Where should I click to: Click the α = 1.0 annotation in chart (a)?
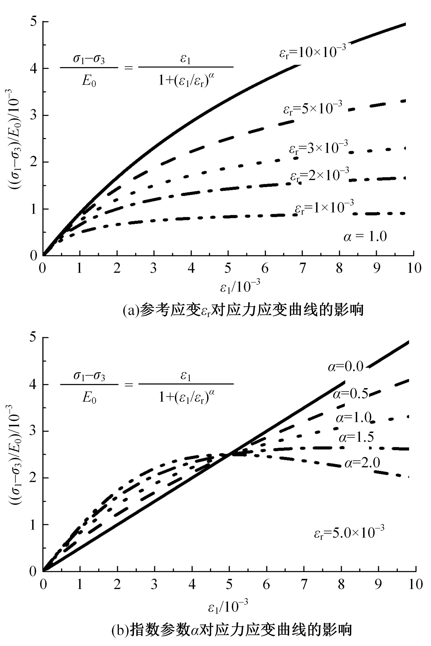[365, 236]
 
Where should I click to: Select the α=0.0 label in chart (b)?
[346, 367]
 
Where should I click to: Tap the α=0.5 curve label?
[350, 394]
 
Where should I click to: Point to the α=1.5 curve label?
[357, 437]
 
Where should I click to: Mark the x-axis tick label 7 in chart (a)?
[302, 268]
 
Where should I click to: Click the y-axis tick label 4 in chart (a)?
[34, 68]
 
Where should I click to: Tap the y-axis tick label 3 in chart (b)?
[34, 431]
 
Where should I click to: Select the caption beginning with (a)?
[243, 310]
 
